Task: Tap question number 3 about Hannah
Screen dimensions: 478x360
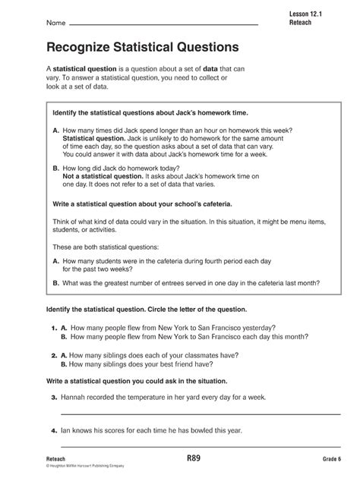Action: click(x=55, y=397)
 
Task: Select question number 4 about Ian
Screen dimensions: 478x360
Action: click(x=55, y=430)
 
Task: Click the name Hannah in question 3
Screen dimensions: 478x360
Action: click(x=76, y=397)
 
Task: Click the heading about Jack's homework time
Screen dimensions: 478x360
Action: click(x=150, y=112)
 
